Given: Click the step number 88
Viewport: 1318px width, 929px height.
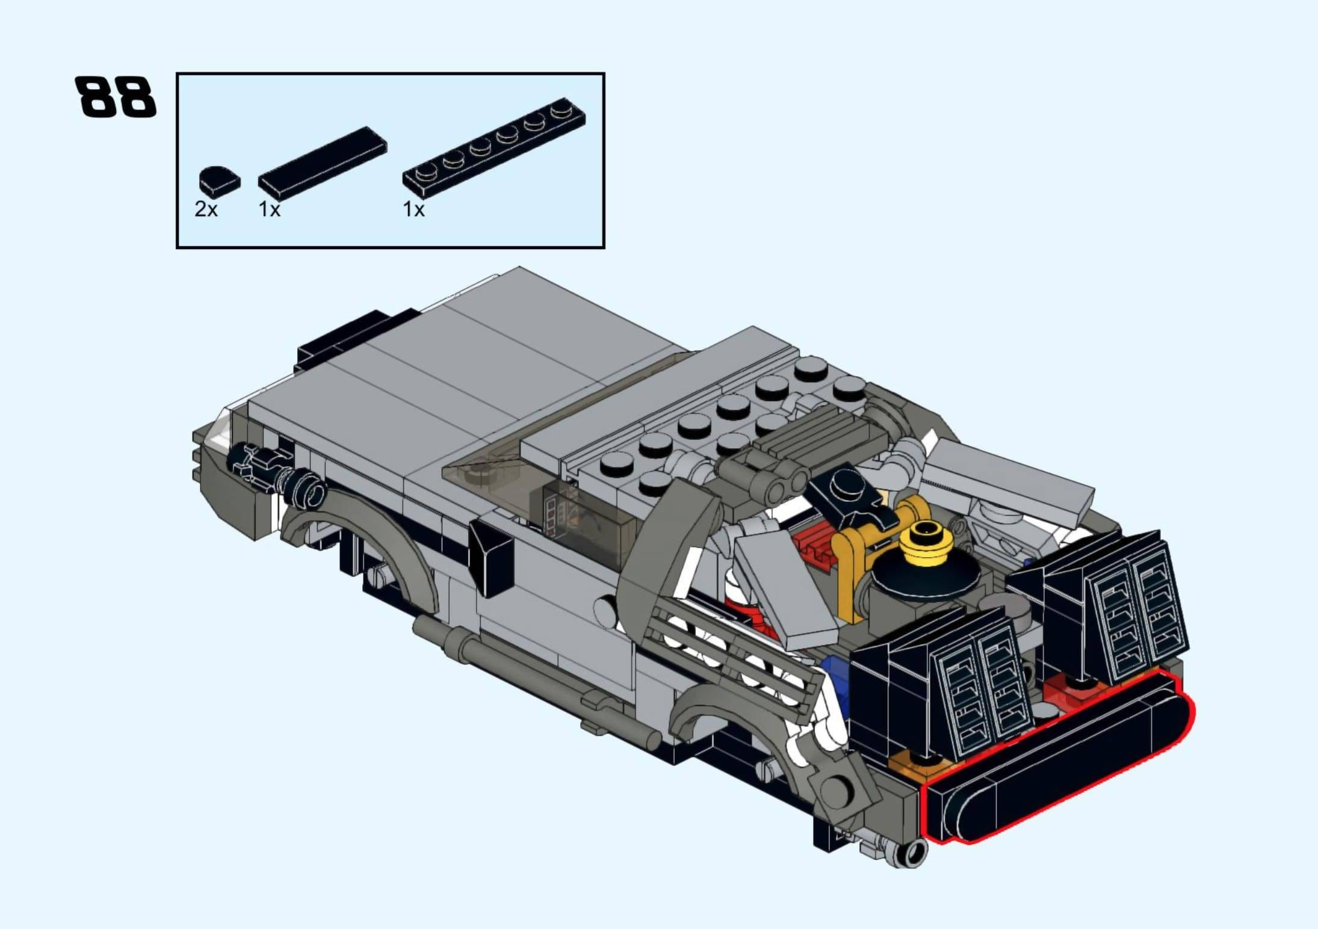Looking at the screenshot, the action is point(116,96).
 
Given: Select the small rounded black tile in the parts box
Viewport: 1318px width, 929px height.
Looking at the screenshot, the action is point(220,180).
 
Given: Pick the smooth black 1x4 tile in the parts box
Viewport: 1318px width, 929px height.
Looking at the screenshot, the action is point(323,163).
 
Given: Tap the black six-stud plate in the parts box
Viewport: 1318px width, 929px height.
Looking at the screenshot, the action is point(494,148).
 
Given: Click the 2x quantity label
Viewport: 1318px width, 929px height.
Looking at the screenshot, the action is point(206,209).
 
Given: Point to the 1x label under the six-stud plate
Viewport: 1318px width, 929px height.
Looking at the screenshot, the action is point(413,209).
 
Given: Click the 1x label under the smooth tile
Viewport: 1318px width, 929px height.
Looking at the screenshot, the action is point(269,209).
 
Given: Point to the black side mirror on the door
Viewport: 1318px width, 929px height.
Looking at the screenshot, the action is point(492,556).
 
